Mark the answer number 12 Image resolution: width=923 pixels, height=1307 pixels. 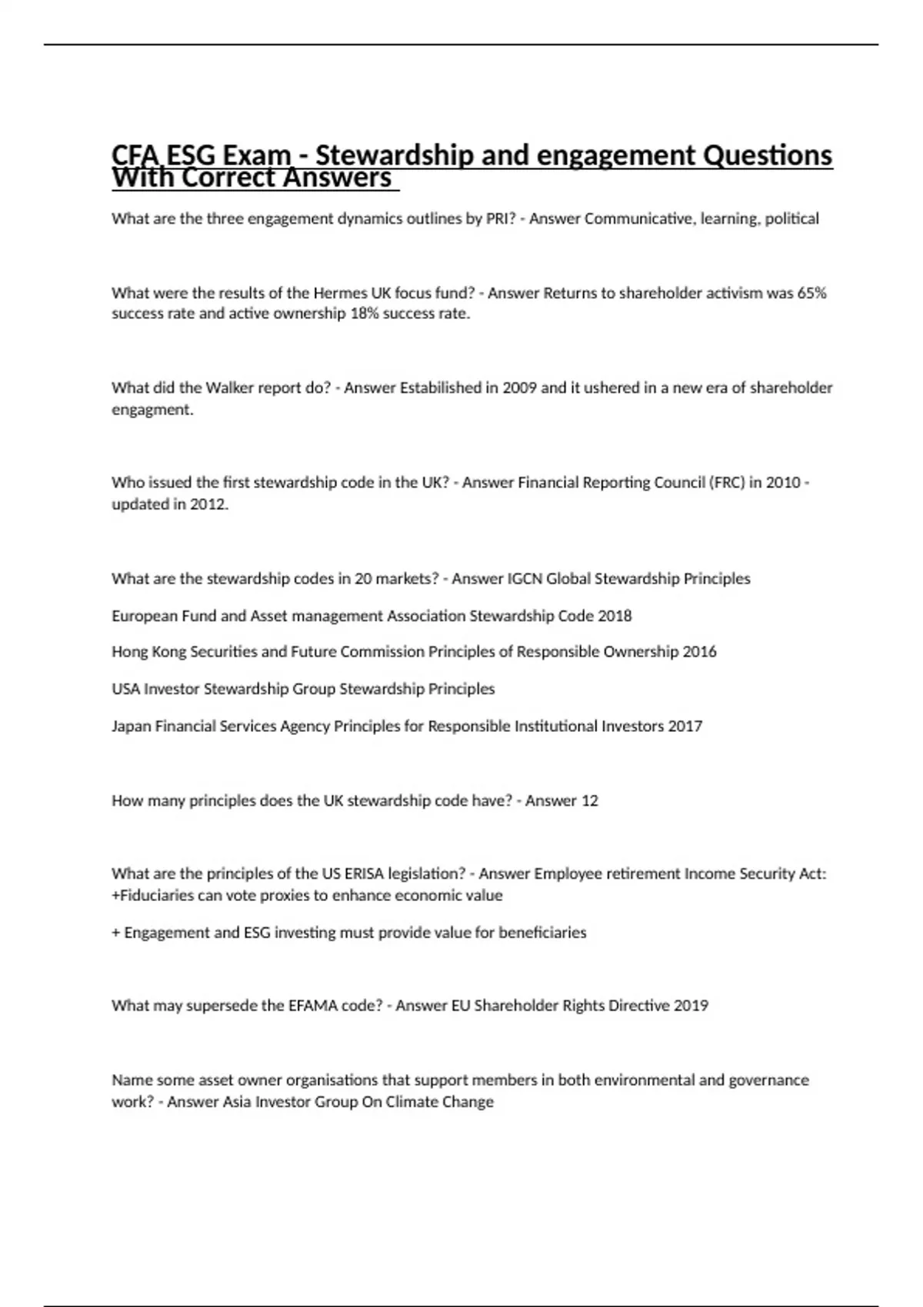[589, 800]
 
